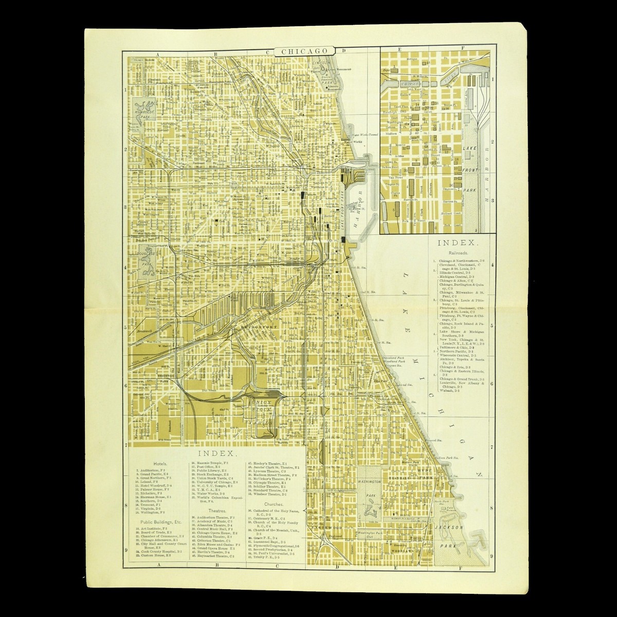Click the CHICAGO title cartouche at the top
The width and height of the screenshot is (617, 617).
click(x=304, y=51)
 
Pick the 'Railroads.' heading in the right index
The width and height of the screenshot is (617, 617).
click(x=459, y=253)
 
